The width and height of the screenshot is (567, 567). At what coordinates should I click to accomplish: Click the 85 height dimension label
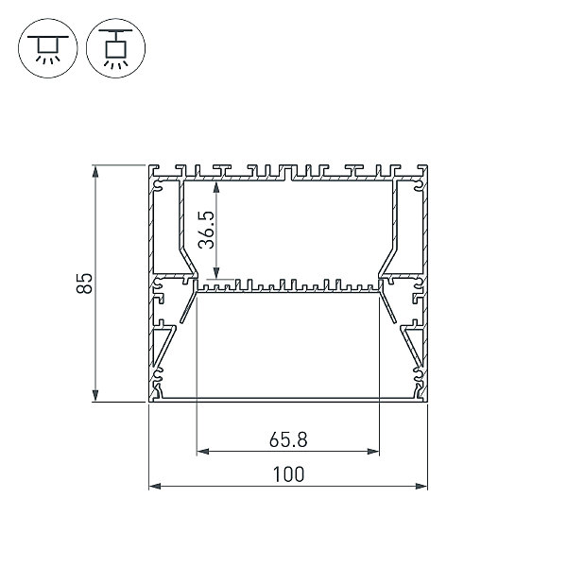coord(85,283)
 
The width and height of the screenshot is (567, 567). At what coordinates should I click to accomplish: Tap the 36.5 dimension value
coord(206,230)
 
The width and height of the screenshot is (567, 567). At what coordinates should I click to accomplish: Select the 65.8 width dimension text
coord(288,440)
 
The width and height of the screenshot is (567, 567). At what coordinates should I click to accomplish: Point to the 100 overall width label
coord(288,474)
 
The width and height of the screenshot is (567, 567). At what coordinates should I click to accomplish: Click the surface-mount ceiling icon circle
coord(48,48)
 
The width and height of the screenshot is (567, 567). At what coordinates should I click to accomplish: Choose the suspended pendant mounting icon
coord(115,48)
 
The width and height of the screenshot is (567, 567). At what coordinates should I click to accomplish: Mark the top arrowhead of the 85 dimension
coord(95,171)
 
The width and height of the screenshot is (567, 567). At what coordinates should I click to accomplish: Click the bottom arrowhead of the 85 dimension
coord(95,395)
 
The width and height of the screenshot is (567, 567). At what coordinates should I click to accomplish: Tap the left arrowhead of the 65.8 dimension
coord(203,452)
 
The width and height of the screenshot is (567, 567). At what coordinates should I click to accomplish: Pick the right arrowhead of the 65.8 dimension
coord(373,452)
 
